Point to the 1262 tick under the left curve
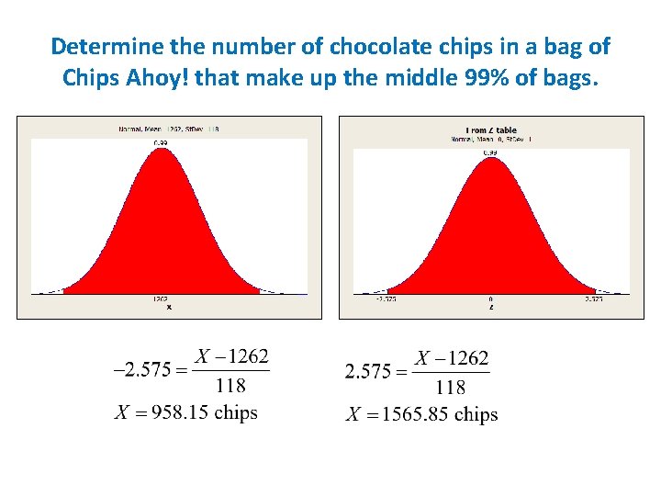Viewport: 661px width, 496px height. [161, 299]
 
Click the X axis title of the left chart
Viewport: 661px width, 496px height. [168, 308]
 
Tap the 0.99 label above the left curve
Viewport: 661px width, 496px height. [161, 142]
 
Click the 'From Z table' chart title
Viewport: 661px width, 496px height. [491, 130]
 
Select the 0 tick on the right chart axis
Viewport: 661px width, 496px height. [491, 299]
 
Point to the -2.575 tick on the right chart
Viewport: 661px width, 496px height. [387, 299]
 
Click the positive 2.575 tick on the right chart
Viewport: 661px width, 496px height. [594, 299]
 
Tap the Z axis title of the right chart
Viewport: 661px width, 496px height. [491, 308]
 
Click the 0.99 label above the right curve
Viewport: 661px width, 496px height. [491, 152]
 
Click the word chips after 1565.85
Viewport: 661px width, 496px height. [476, 414]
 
